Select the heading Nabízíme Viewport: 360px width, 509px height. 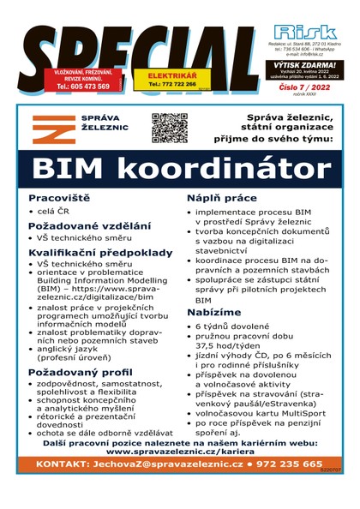[215, 314]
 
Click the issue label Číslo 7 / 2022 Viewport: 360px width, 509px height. [306, 87]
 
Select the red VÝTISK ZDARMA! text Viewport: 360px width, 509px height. [306, 63]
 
